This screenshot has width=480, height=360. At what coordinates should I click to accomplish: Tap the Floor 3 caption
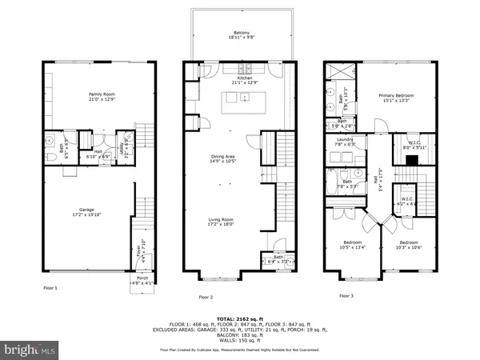click(346, 295)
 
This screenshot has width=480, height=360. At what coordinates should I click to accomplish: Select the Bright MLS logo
click(30, 350)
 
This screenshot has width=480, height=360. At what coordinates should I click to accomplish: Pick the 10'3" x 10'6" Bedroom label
click(409, 244)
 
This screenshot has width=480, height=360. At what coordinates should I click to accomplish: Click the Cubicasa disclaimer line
click(240, 348)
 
